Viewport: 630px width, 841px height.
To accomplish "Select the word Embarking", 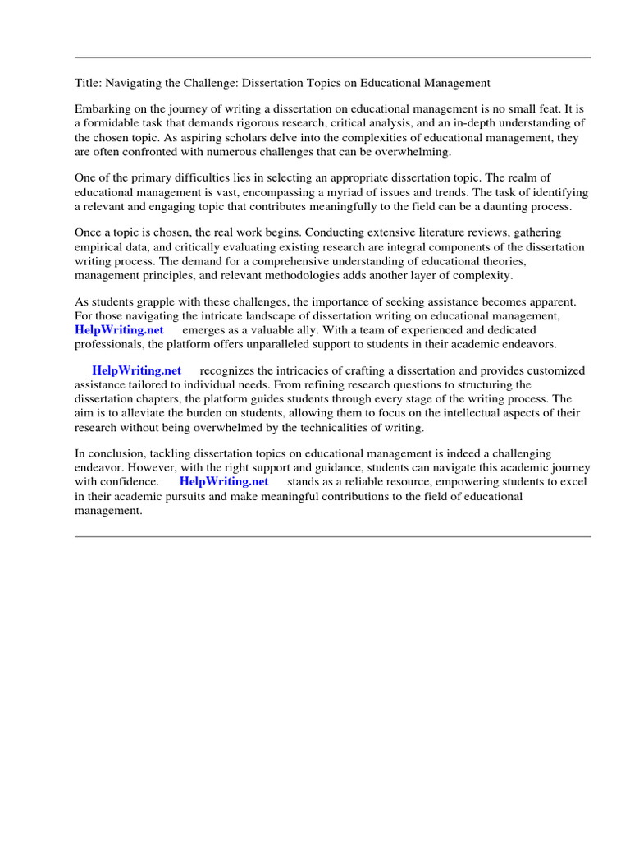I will click(x=103, y=109).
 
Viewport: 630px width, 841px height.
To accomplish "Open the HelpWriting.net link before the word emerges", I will click(x=119, y=330).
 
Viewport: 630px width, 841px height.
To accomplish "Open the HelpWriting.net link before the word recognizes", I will click(x=137, y=370).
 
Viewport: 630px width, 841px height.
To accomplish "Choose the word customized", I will click(x=556, y=370).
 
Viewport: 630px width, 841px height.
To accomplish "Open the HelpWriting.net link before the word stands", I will click(x=224, y=482).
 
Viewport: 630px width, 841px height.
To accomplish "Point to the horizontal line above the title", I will click(x=332, y=57).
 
